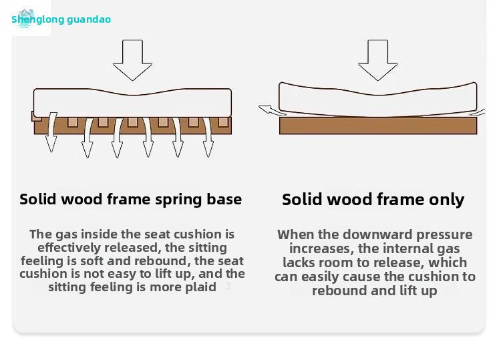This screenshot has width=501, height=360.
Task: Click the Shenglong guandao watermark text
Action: click(61, 19)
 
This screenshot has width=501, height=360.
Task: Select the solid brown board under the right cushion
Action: click(378, 126)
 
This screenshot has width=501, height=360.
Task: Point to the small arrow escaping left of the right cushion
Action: click(269, 111)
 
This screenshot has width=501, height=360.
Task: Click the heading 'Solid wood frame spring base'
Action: click(131, 199)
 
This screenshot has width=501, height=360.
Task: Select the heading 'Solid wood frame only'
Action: click(373, 199)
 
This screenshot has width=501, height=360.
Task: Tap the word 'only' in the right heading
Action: click(446, 199)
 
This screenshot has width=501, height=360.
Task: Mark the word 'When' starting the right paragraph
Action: click(294, 234)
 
